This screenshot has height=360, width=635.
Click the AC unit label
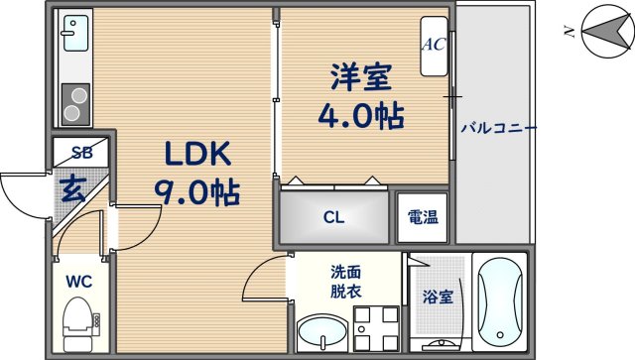[x=434, y=45]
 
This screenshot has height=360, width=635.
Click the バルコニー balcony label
[x=497, y=129]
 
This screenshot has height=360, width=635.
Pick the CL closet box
[x=334, y=216]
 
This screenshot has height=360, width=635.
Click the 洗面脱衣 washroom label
[x=347, y=281]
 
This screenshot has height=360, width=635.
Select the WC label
[x=78, y=282]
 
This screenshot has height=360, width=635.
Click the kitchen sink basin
[x=75, y=39]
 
